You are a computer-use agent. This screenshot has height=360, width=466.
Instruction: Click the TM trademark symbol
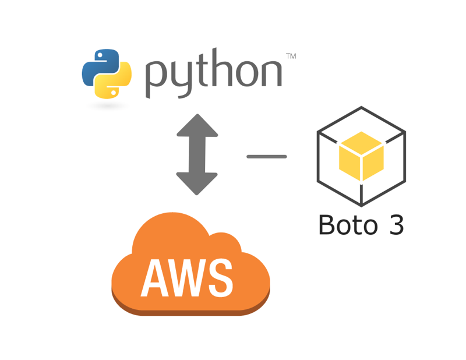291,57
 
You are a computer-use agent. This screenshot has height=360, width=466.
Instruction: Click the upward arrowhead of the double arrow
197,125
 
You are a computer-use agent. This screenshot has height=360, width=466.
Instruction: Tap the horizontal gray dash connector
267,156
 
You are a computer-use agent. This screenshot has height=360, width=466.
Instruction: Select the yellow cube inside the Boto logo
361,156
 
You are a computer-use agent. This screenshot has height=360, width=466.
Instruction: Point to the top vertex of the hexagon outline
361,108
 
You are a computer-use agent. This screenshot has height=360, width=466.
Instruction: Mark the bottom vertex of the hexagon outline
361,205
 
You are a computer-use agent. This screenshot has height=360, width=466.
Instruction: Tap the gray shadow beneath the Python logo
107,105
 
